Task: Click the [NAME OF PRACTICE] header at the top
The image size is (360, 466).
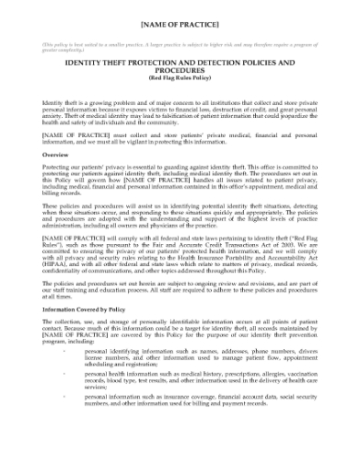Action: tap(180, 21)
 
